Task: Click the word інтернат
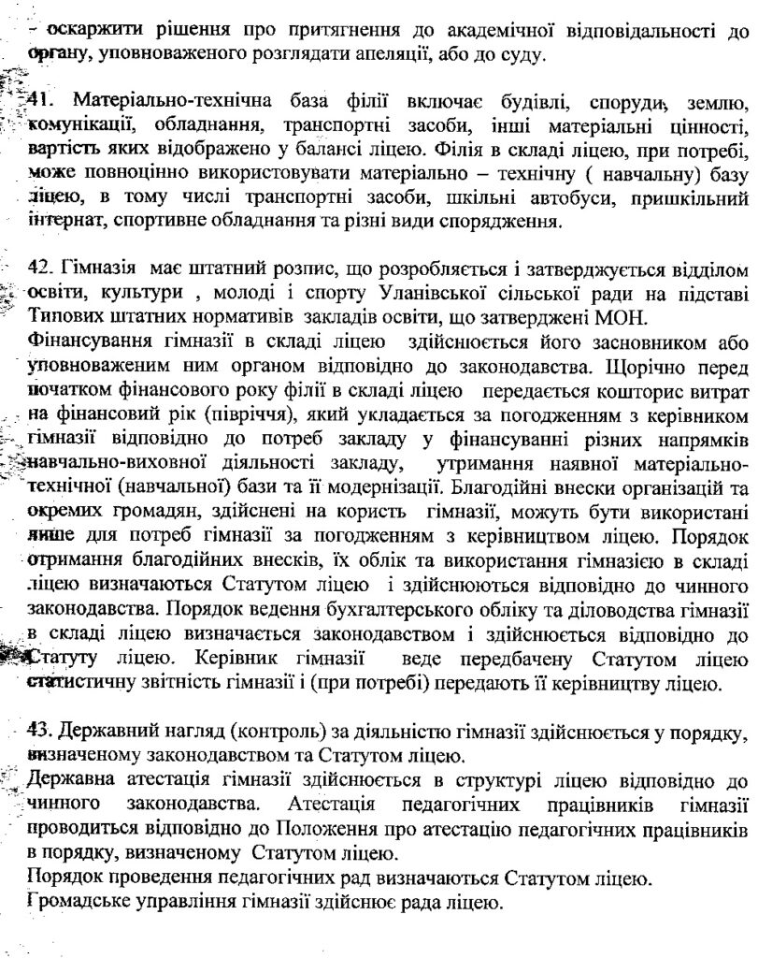click(x=63, y=223)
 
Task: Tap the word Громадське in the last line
click(x=78, y=903)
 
